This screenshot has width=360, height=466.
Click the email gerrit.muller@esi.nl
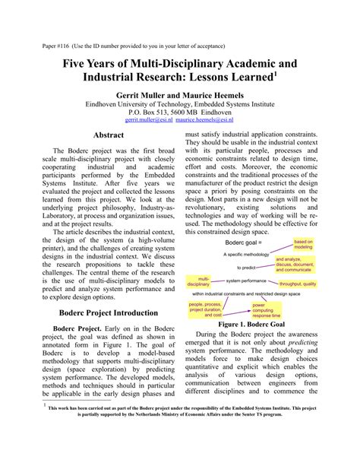[x=149, y=120]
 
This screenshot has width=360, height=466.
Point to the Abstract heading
[x=107, y=135]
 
